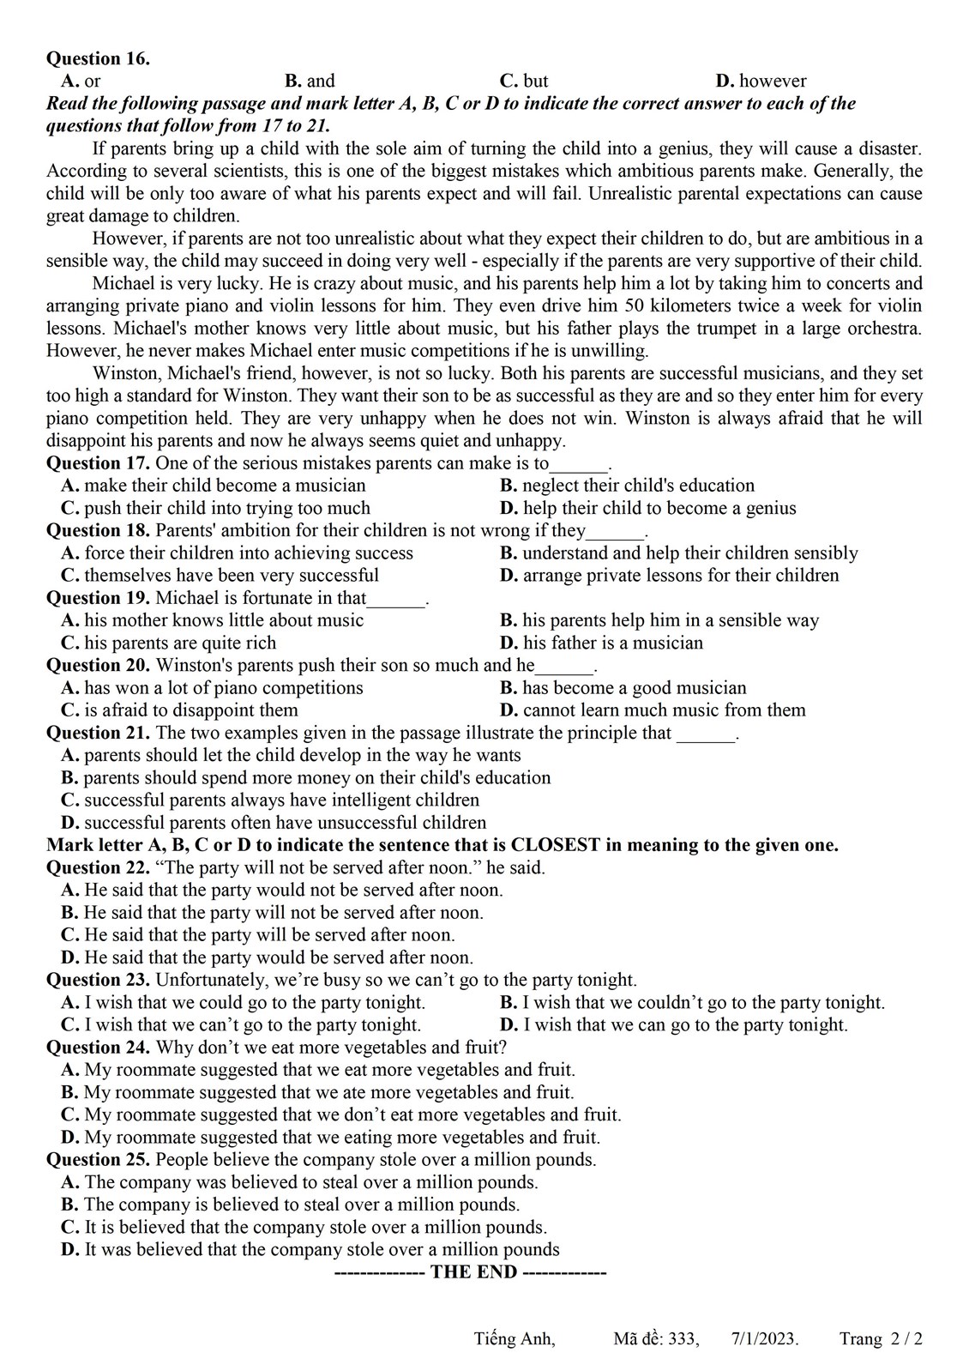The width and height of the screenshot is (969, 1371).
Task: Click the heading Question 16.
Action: coord(98,58)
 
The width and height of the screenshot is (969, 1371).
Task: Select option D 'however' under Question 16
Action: coord(761,82)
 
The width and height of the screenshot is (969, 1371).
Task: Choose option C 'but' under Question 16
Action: coord(524,82)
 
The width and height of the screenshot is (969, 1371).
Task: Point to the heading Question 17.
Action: coord(98,463)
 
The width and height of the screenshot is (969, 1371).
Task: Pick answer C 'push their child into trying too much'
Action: coord(215,508)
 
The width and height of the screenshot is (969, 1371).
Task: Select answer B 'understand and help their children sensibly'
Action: coord(678,553)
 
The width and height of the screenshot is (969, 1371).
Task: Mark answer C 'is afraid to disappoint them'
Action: coord(179,710)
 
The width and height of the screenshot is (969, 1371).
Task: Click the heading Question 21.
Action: coord(98,733)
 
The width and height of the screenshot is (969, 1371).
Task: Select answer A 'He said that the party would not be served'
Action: coord(282,890)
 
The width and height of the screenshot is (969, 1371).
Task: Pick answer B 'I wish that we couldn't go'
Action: coord(692,1002)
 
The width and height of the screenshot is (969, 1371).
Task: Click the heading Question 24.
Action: coord(98,1047)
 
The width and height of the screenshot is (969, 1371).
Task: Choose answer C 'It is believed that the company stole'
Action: coord(304,1227)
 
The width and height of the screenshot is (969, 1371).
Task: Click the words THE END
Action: coord(473,1271)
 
